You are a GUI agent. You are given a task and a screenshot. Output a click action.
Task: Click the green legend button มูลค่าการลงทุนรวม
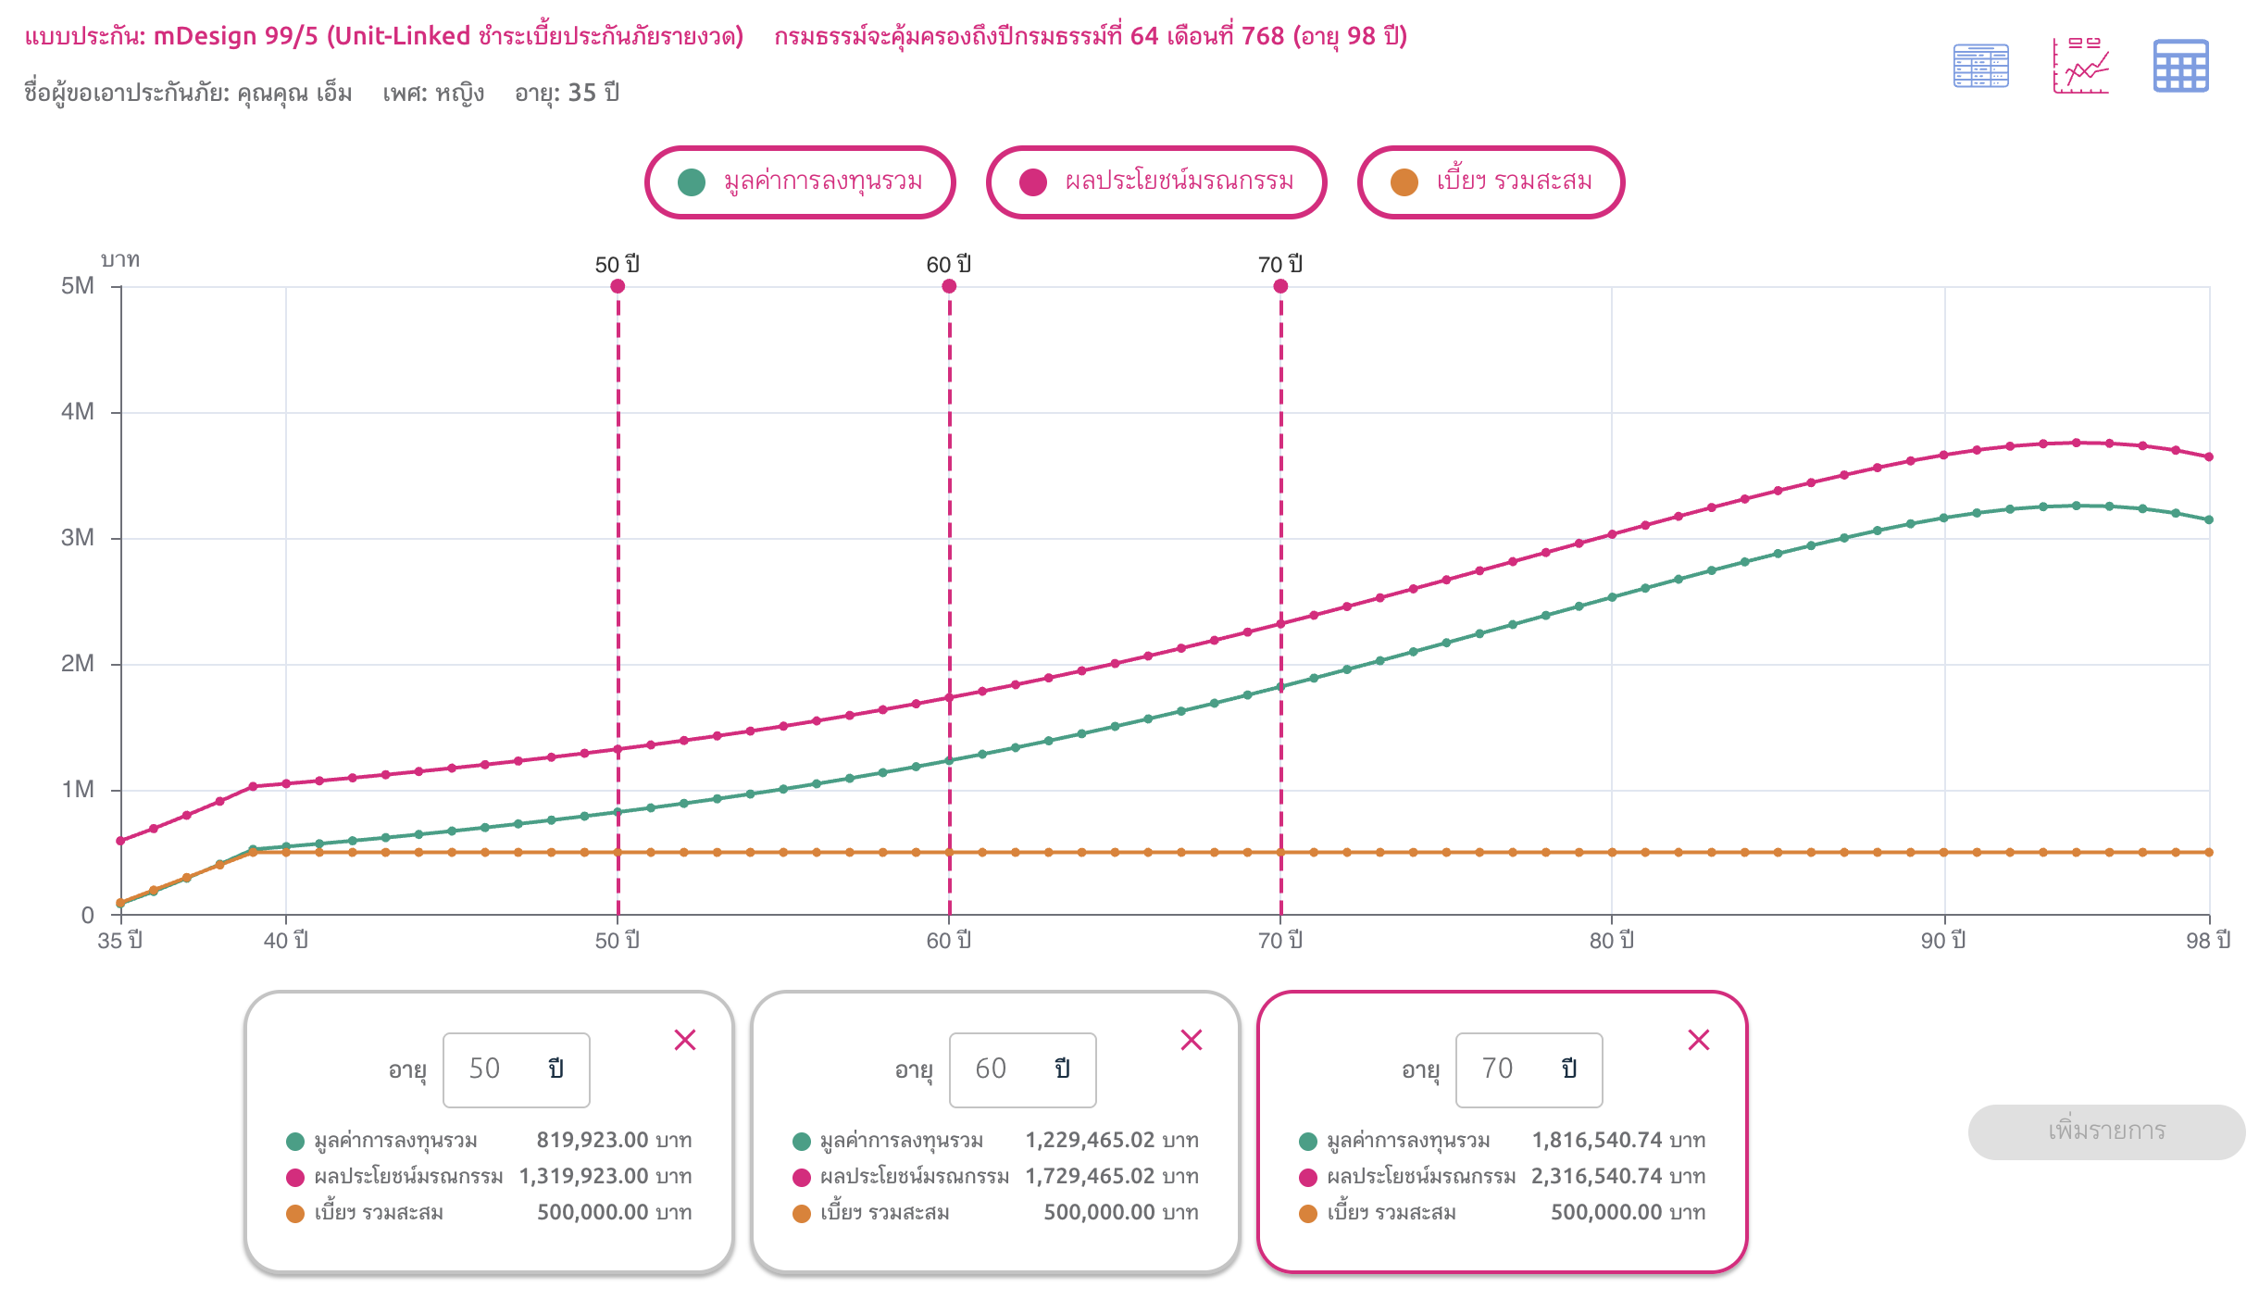click(x=800, y=182)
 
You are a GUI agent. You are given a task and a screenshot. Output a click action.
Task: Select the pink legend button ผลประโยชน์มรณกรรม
click(x=1156, y=182)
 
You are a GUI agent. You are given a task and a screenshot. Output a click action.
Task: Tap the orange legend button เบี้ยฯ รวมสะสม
click(x=1491, y=182)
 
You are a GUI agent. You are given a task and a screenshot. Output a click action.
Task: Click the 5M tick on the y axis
click(x=79, y=286)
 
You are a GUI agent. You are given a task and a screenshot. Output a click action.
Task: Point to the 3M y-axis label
click(x=79, y=538)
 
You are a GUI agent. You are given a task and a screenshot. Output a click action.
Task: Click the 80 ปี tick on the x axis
click(x=1612, y=941)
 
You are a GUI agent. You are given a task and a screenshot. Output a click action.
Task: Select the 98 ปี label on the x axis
click(x=2208, y=941)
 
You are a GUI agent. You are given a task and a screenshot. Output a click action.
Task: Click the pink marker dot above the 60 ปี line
click(x=949, y=286)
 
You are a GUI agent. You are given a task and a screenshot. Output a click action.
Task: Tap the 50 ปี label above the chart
click(x=618, y=265)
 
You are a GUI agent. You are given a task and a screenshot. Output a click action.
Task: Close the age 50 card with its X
click(x=685, y=1040)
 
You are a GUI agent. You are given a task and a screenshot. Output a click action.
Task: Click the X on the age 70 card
click(x=1699, y=1040)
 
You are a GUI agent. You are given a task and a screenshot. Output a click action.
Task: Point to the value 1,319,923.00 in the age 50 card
click(x=584, y=1176)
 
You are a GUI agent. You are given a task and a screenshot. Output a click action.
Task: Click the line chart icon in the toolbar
click(x=2080, y=66)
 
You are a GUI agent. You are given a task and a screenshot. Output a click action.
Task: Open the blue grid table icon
click(x=2180, y=66)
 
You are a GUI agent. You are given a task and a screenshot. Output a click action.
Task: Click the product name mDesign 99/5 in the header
click(x=236, y=36)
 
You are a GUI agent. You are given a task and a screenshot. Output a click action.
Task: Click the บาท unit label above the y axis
click(x=120, y=260)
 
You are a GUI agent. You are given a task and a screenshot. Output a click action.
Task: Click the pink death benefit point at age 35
click(x=120, y=841)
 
